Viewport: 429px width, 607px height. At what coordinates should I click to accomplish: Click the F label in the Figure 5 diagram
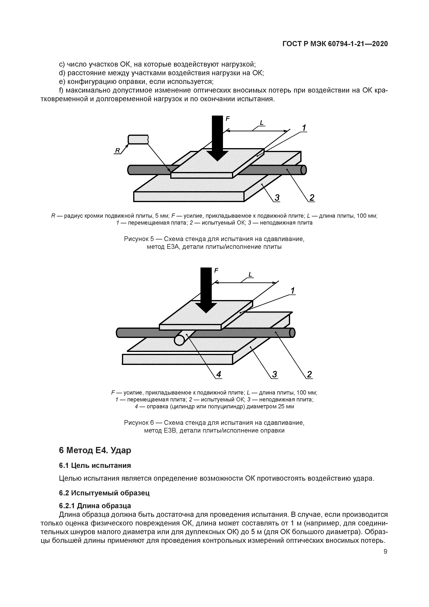(227, 119)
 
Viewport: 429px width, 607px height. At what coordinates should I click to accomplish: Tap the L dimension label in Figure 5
(262, 123)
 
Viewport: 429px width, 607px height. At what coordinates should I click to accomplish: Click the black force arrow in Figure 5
(217, 137)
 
